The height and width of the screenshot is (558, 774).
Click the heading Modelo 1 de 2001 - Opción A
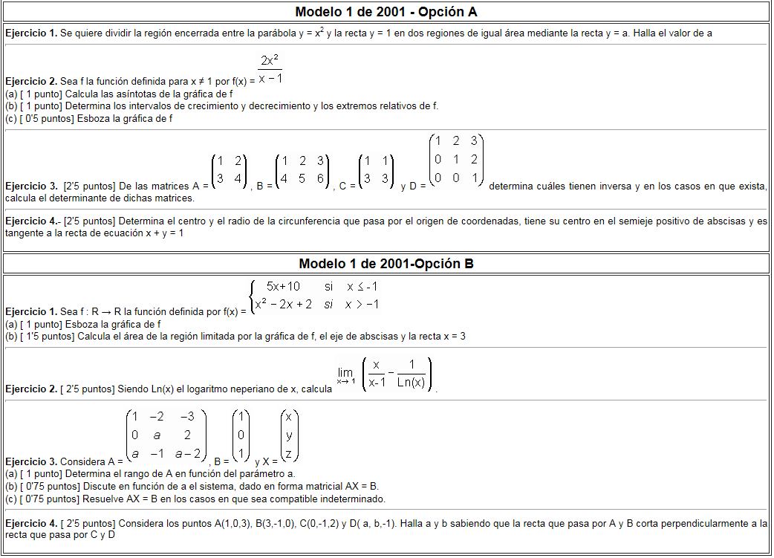click(386, 12)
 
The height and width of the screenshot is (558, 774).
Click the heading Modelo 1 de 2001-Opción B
click(386, 264)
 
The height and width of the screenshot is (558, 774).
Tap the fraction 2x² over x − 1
click(270, 69)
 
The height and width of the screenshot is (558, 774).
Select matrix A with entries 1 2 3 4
click(230, 172)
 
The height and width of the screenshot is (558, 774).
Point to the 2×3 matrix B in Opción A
click(302, 172)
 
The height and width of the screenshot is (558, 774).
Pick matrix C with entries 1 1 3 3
click(376, 172)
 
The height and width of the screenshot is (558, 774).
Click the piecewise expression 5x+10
click(283, 287)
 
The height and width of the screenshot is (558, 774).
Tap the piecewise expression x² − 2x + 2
click(283, 305)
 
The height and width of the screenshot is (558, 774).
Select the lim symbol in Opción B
click(345, 374)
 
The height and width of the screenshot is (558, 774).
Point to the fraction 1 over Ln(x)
click(411, 374)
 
